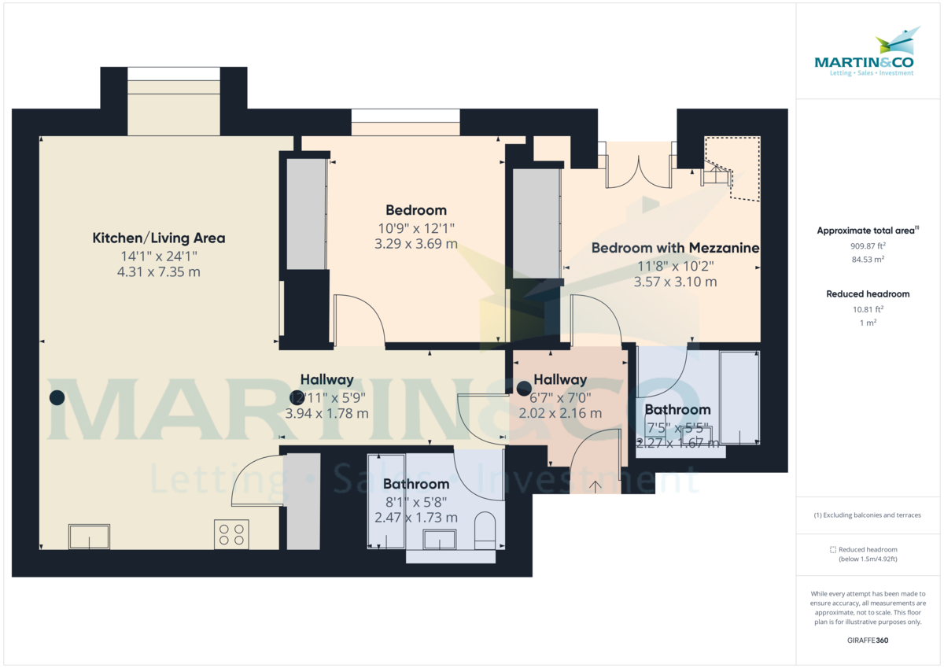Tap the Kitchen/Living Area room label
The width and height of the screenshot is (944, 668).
click(x=159, y=238)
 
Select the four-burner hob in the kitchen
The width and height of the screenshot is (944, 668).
click(x=231, y=534)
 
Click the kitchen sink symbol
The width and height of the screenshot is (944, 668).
click(x=89, y=537)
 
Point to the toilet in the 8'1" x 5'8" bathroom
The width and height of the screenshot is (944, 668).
click(x=485, y=532)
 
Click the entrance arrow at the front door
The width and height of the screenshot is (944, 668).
click(x=596, y=486)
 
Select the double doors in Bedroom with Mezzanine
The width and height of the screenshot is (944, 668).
click(x=639, y=168)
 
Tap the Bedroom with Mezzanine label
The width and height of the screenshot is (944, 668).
click(x=675, y=248)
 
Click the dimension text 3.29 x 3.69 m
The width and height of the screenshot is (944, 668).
click(x=416, y=244)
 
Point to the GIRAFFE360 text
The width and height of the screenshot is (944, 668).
click(x=868, y=640)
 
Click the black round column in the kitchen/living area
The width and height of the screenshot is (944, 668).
click(x=57, y=398)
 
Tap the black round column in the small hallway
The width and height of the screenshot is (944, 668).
click(x=524, y=387)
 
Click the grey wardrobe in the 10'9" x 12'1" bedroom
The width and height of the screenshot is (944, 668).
click(x=306, y=213)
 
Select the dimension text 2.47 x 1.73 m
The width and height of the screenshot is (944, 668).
click(x=416, y=518)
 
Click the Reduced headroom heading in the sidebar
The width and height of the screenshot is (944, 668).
click(x=868, y=294)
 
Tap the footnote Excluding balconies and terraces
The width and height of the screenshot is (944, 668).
click(x=868, y=515)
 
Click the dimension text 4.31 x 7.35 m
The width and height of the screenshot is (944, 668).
click(x=159, y=271)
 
